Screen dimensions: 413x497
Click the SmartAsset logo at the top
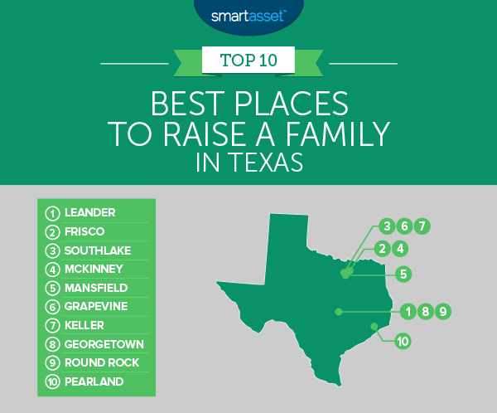248,13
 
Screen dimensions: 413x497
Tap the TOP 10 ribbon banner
248,60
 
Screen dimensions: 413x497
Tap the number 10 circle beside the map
403,339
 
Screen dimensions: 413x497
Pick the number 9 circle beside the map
443,312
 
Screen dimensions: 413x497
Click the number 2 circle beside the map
382,247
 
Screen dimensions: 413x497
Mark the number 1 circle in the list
52,212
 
